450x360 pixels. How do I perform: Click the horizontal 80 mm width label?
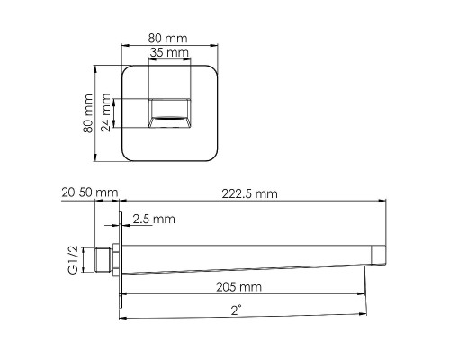point(169,40)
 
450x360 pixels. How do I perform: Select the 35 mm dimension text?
point(169,55)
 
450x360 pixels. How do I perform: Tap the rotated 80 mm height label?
point(88,113)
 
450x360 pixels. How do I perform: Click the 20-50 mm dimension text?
point(89,193)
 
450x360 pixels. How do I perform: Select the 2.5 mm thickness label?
point(154,219)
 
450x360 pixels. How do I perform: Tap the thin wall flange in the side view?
point(118,262)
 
